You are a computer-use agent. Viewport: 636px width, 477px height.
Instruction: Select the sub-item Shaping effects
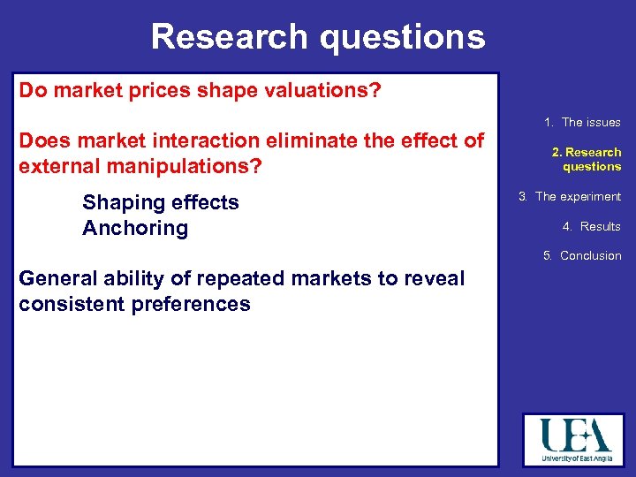pyautogui.click(x=161, y=202)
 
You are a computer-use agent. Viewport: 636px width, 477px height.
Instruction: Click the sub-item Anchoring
pyautogui.click(x=135, y=228)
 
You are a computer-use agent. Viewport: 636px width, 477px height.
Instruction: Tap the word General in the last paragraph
pyautogui.click(x=58, y=279)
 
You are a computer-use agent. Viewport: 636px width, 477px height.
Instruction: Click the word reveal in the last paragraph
pyautogui.click(x=433, y=279)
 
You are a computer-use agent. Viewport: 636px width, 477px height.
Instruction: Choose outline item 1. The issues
pyautogui.click(x=582, y=123)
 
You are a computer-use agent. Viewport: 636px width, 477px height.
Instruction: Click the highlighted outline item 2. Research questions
pyautogui.click(x=587, y=159)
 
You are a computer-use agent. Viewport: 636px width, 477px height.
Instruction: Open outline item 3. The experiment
pyautogui.click(x=570, y=197)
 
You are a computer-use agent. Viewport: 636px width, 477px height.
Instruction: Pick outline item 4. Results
pyautogui.click(x=591, y=227)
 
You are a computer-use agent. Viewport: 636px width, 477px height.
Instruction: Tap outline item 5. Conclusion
pyautogui.click(x=582, y=256)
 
